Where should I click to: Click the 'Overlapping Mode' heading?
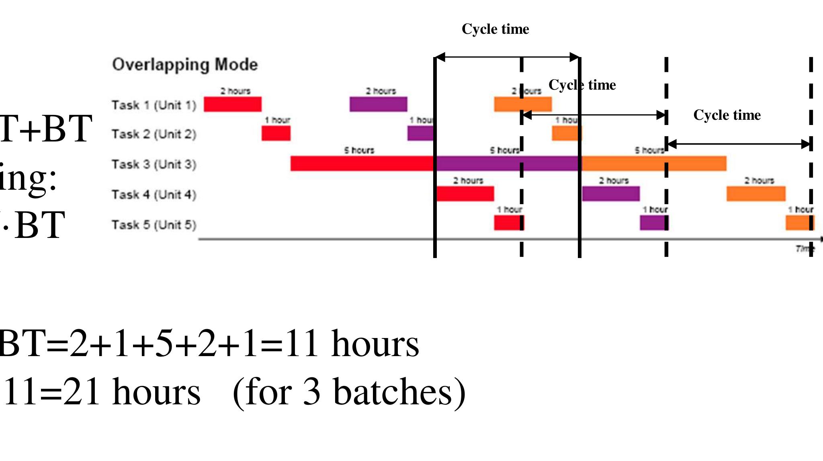point(185,65)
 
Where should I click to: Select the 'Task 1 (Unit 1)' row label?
point(154,105)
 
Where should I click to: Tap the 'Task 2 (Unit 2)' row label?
point(154,134)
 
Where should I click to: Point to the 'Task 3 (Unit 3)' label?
point(154,164)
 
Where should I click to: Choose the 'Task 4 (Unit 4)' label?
point(154,195)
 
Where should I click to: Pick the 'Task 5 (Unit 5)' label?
point(154,225)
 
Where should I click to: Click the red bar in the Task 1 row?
point(233,104)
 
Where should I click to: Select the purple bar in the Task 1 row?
point(378,104)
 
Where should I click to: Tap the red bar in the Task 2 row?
point(276,133)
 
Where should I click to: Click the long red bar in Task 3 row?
point(362,164)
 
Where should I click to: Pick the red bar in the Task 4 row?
point(465,194)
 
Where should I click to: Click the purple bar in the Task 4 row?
point(611,194)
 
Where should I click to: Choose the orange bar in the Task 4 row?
point(756,194)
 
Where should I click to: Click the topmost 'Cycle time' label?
point(495,29)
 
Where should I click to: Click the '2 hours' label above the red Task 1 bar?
point(235,91)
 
